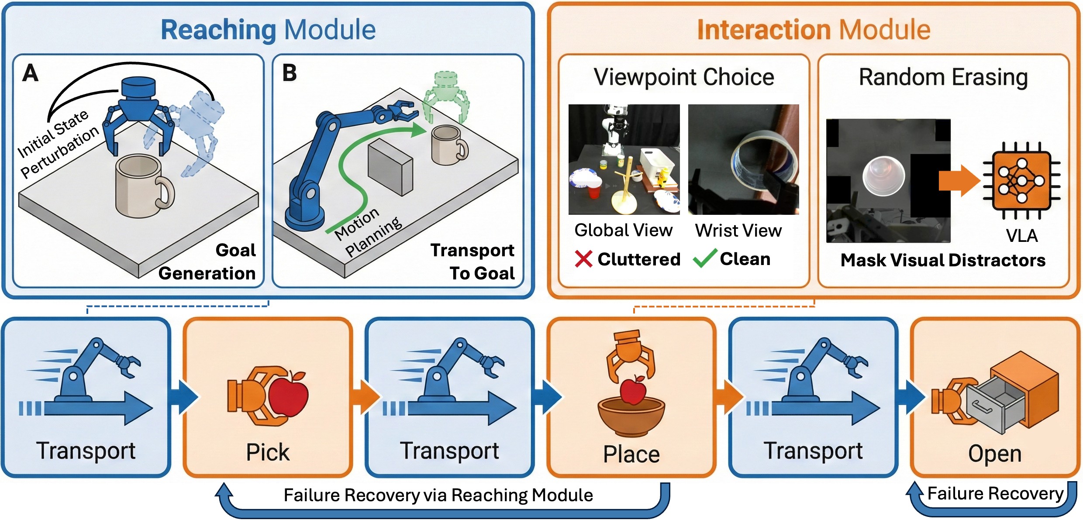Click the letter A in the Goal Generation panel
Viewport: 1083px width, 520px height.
coord(31,73)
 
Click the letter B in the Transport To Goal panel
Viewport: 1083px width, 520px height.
coord(289,73)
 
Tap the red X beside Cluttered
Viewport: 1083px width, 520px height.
coord(583,259)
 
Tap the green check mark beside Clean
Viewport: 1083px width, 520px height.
coord(705,258)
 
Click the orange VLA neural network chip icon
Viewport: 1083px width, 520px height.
coord(1021,180)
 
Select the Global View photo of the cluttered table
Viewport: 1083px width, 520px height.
coord(624,159)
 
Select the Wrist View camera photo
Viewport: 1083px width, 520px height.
coord(743,159)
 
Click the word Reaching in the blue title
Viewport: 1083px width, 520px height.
coord(218,30)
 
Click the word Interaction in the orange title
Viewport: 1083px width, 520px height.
coord(764,30)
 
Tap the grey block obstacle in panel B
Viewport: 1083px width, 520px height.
coord(390,167)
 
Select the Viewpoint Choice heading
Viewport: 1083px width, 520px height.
coord(684,77)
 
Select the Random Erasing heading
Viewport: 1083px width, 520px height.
coord(943,77)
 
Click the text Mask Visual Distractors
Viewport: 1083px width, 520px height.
coord(943,260)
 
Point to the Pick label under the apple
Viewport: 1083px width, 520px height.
coord(268,452)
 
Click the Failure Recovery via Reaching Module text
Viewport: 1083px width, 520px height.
coord(438,495)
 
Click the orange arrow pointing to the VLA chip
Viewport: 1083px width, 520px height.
coord(959,180)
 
